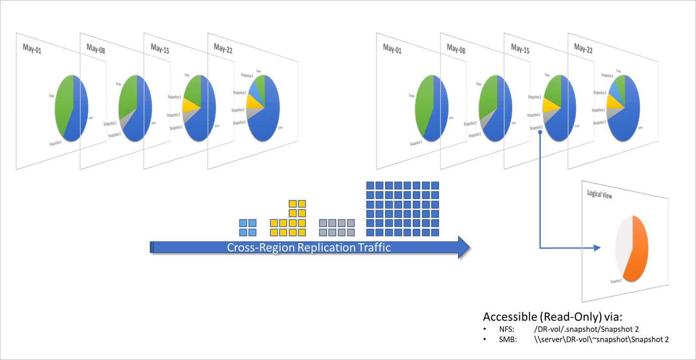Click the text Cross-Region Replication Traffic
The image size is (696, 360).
308,248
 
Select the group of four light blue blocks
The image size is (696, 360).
248,228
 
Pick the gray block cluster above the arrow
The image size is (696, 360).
337,228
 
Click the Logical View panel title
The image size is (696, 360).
599,195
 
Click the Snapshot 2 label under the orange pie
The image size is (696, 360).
615,281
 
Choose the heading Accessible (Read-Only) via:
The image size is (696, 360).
552,317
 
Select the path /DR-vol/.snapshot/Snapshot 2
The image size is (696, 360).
587,329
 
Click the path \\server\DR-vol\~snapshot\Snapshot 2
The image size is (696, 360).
601,339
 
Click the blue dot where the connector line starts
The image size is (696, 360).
540,133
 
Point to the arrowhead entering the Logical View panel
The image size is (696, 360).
598,248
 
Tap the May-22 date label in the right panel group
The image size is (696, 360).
583,49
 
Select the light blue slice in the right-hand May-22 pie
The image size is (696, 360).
613,88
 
